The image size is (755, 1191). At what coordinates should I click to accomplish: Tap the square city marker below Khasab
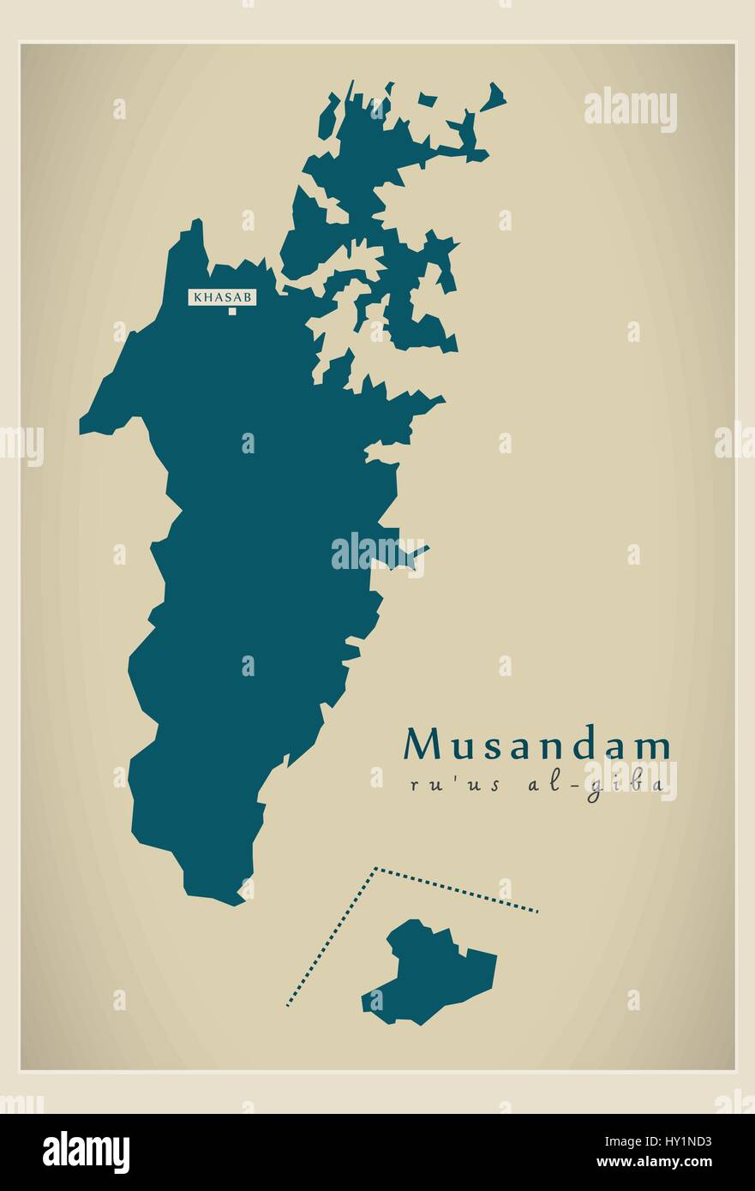231,311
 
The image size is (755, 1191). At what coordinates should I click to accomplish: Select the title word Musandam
537,745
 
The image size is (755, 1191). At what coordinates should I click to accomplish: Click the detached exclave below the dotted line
433,973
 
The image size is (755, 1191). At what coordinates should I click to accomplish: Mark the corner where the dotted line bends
375,869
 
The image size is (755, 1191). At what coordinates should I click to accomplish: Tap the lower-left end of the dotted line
287,1004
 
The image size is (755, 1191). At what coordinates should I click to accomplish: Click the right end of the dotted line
537,912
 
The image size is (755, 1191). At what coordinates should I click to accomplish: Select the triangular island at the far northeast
495,98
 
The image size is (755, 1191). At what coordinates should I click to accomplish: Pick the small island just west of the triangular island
428,100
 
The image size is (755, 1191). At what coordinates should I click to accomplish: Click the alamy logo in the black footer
87,1152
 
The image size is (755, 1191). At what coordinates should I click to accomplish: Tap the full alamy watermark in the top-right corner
631,110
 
